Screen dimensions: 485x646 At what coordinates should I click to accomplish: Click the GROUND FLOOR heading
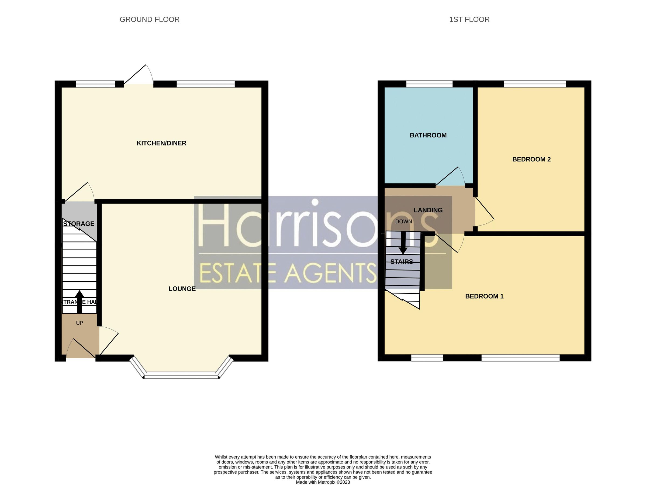point(150,20)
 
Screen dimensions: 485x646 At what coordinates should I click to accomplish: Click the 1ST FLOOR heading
point(469,20)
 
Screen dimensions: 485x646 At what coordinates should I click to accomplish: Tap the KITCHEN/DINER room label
point(161,143)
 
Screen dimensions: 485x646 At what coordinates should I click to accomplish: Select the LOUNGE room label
point(182,289)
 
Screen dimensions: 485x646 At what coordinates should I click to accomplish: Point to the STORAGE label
point(79,224)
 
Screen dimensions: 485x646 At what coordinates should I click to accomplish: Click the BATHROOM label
point(428,135)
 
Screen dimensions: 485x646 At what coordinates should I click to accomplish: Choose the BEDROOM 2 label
point(531,159)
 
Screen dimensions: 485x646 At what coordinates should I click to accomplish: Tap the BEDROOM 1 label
point(484,296)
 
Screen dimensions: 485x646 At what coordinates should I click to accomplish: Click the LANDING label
point(428,210)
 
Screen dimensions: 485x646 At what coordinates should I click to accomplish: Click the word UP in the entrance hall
point(80,323)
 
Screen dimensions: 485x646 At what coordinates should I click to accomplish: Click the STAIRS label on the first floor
point(402,262)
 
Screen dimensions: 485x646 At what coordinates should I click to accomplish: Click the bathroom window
point(429,84)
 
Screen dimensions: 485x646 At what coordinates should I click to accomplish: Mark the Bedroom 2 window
point(535,84)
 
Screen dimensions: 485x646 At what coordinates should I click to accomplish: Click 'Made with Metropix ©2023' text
point(323,482)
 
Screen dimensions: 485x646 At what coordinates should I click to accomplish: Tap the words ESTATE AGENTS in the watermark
point(288,273)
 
